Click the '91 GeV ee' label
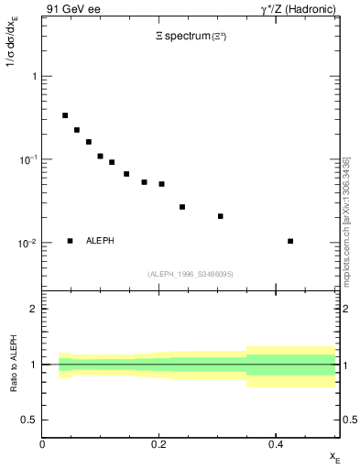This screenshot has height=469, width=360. point(72,11)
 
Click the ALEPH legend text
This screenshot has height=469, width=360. point(101,241)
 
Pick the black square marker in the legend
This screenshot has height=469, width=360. point(70,241)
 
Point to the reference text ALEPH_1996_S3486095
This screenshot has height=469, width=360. point(190,274)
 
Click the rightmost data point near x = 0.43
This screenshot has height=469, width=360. point(290,241)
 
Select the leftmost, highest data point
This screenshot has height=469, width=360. point(65,115)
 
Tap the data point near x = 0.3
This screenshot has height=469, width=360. point(221,216)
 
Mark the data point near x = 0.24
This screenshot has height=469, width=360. point(182,207)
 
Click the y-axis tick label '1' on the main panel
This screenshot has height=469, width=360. point(35,77)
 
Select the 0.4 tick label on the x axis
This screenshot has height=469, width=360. point(276,444)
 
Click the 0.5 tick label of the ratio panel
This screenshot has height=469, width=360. point(31,420)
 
